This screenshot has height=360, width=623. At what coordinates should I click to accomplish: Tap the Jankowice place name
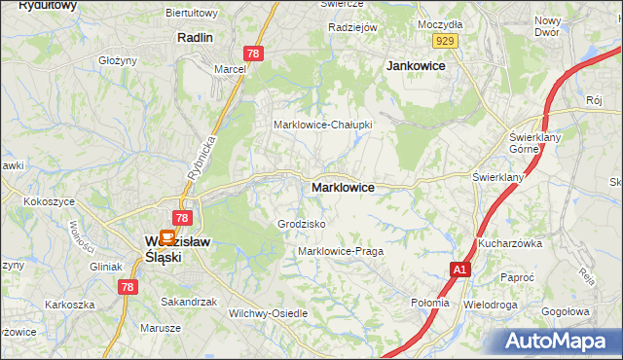pyautogui.click(x=416, y=65)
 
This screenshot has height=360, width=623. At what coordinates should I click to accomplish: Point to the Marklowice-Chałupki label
pyautogui.click(x=322, y=125)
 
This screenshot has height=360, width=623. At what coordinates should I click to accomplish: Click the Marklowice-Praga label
pyautogui.click(x=341, y=251)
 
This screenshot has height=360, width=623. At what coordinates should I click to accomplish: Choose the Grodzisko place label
pyautogui.click(x=301, y=224)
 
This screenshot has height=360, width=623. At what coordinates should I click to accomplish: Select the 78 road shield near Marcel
pyautogui.click(x=254, y=54)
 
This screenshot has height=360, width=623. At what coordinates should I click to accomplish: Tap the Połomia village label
pyautogui.click(x=430, y=303)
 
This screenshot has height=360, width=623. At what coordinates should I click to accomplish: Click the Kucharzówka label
pyautogui.click(x=509, y=243)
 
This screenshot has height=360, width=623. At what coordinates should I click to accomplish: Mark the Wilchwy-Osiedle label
pyautogui.click(x=267, y=313)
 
